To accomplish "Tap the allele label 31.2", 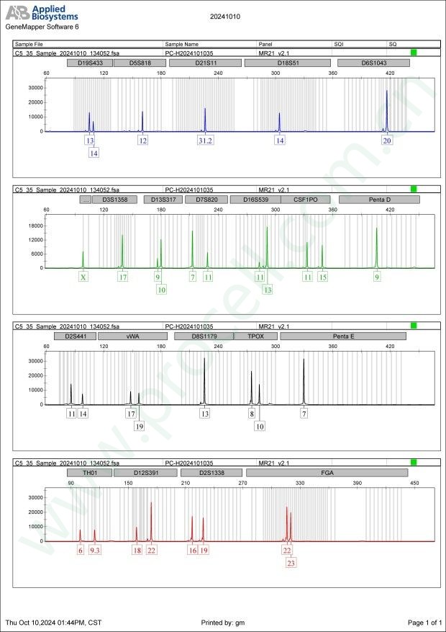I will pyautogui.click(x=205, y=141).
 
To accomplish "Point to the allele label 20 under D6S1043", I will pyautogui.click(x=387, y=141).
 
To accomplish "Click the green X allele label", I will pyautogui.click(x=83, y=277).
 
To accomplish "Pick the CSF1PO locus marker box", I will pyautogui.click(x=297, y=199).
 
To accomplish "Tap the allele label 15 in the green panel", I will pyautogui.click(x=323, y=277).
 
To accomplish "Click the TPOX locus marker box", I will pyautogui.click(x=256, y=336).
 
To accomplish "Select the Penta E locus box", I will pyautogui.click(x=342, y=336).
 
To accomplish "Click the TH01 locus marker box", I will pyautogui.click(x=90, y=473).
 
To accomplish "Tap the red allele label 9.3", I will pyautogui.click(x=95, y=551).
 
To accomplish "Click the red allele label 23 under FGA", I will pyautogui.click(x=291, y=564).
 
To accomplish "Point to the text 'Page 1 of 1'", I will pyautogui.click(x=424, y=622).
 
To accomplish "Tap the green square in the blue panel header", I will pyautogui.click(x=414, y=53).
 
